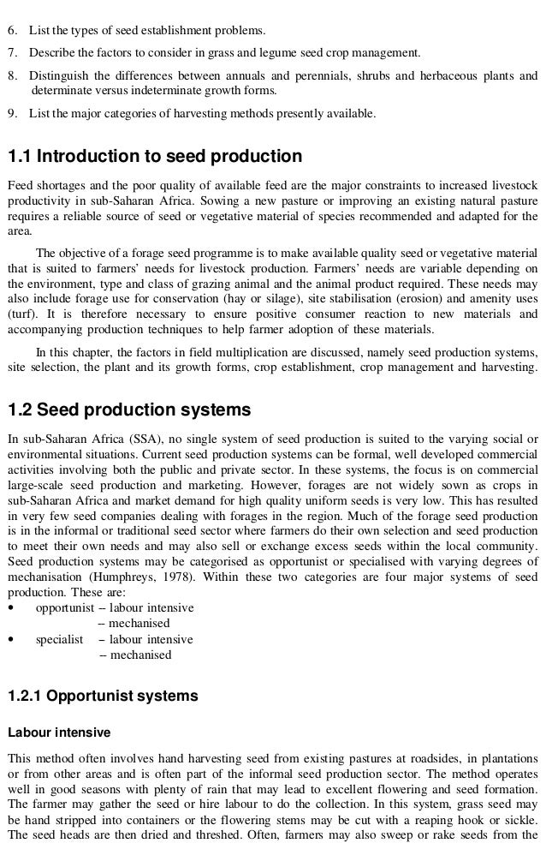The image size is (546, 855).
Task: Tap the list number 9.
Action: click(12, 112)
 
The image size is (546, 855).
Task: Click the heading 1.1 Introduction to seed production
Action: click(155, 157)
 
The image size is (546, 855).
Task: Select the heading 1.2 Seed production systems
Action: click(128, 410)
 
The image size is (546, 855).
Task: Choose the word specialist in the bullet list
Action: click(59, 639)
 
